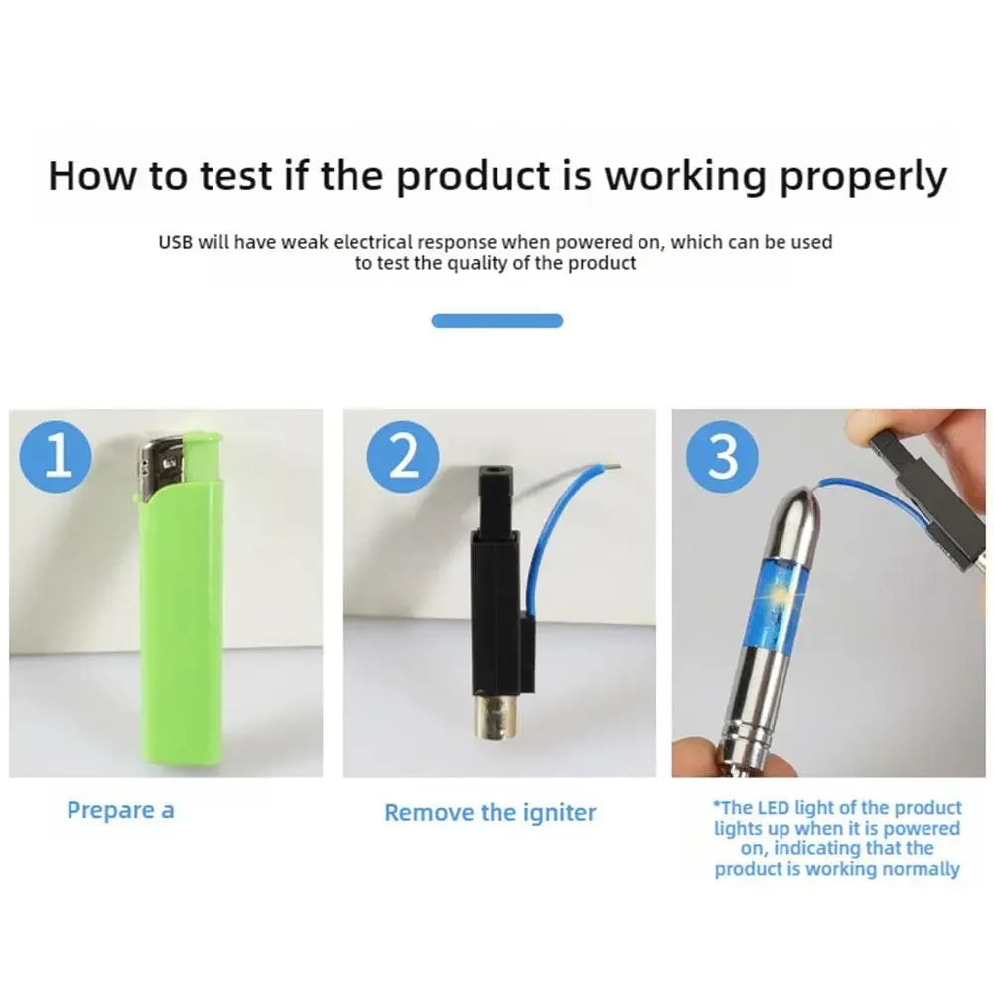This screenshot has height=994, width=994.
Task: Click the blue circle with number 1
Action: click(56, 457)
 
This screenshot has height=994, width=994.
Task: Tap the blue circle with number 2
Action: click(403, 457)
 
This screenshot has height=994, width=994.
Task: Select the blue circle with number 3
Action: click(721, 457)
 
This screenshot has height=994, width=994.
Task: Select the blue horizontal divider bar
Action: click(497, 321)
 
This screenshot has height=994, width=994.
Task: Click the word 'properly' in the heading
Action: click(863, 177)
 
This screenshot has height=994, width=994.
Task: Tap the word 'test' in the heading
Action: click(235, 176)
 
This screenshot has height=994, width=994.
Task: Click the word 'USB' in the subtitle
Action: click(175, 243)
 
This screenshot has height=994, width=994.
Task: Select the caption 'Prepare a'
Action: click(120, 811)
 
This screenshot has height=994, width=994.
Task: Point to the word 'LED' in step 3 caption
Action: click(773, 808)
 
